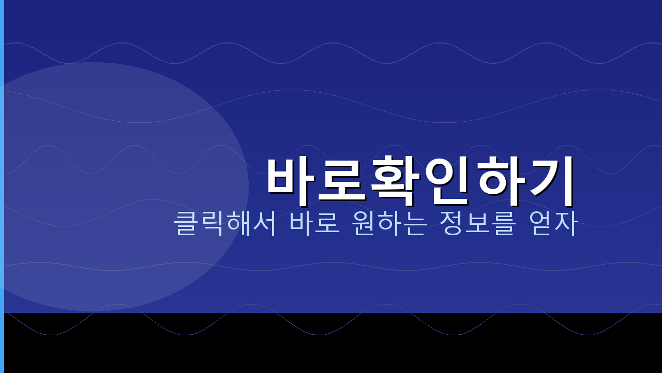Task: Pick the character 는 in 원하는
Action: click(415, 223)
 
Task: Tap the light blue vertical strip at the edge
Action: click(2, 187)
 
